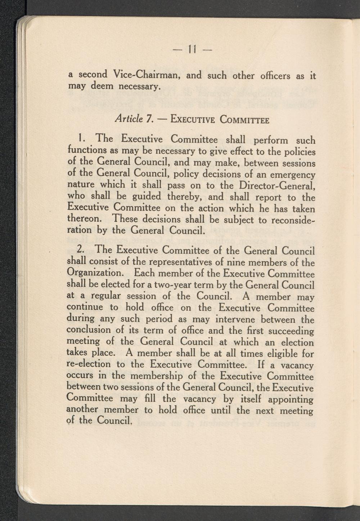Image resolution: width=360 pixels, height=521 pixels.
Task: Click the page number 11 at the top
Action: tap(191, 48)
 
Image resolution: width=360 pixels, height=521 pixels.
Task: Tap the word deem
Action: tap(103, 87)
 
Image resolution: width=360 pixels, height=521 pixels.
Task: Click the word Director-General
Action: tap(275, 186)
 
